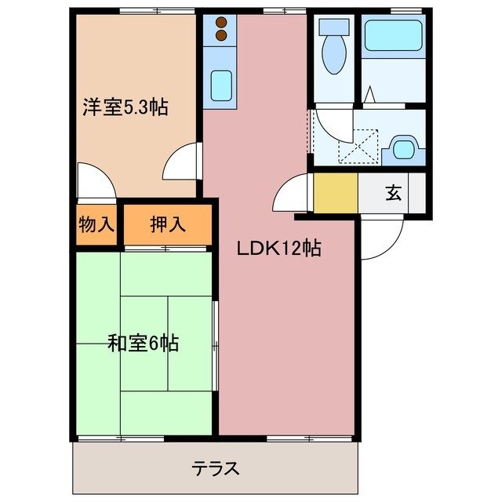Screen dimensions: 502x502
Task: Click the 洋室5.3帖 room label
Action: [x=125, y=108]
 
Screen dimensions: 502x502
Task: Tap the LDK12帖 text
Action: [x=279, y=249]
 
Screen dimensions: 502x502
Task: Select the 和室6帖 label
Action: [x=143, y=343]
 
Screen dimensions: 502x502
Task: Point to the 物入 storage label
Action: [x=96, y=224]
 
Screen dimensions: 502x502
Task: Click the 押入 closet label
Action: [x=167, y=224]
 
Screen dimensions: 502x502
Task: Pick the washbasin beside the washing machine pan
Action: [x=406, y=147]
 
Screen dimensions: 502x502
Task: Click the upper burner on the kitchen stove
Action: [x=221, y=22]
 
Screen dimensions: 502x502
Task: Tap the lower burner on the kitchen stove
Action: [x=221, y=35]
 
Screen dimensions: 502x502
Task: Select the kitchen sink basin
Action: [x=221, y=82]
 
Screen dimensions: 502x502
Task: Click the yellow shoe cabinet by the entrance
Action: [x=336, y=192]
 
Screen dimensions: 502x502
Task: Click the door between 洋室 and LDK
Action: [x=183, y=165]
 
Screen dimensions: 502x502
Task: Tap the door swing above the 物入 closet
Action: [x=96, y=184]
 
